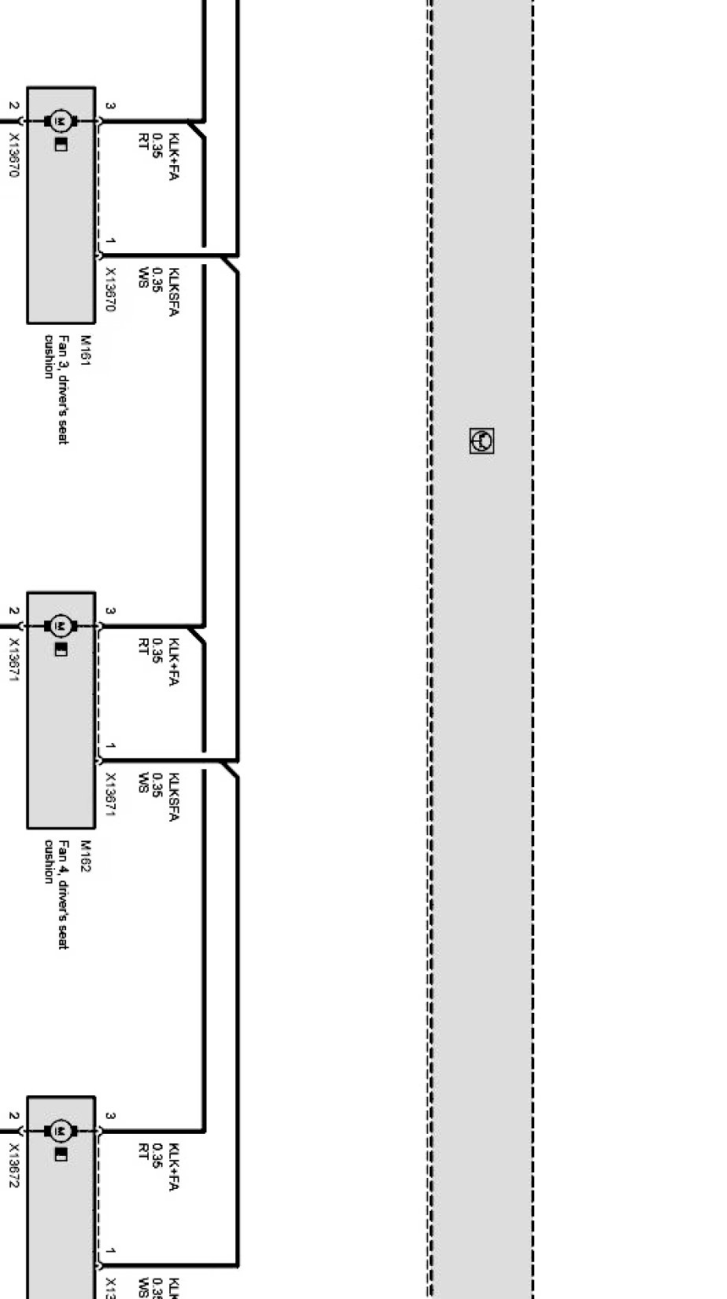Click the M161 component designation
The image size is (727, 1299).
pyautogui.click(x=86, y=348)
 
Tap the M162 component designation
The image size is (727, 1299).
pyautogui.click(x=86, y=852)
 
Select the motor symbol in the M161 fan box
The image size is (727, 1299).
pyautogui.click(x=61, y=121)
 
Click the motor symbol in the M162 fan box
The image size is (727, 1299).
pyautogui.click(x=61, y=626)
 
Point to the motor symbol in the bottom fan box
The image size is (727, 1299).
pyautogui.click(x=61, y=1131)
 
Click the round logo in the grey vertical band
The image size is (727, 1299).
pyautogui.click(x=482, y=441)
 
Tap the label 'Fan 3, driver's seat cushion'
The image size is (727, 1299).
pyautogui.click(x=57, y=389)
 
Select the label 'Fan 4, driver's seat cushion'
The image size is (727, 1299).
pyautogui.click(x=57, y=894)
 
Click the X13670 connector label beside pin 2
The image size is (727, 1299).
pyautogui.click(x=13, y=154)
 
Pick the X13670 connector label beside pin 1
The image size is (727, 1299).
pyautogui.click(x=110, y=289)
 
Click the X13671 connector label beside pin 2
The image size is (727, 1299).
pyautogui.click(x=13, y=659)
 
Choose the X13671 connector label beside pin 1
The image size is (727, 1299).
pyautogui.click(x=110, y=794)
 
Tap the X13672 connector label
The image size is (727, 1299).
pyautogui.click(x=13, y=1164)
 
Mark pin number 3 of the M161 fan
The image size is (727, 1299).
pyautogui.click(x=111, y=105)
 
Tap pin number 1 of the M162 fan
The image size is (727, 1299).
pyautogui.click(x=111, y=745)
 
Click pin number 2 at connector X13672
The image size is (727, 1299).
pyautogui.click(x=13, y=1116)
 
